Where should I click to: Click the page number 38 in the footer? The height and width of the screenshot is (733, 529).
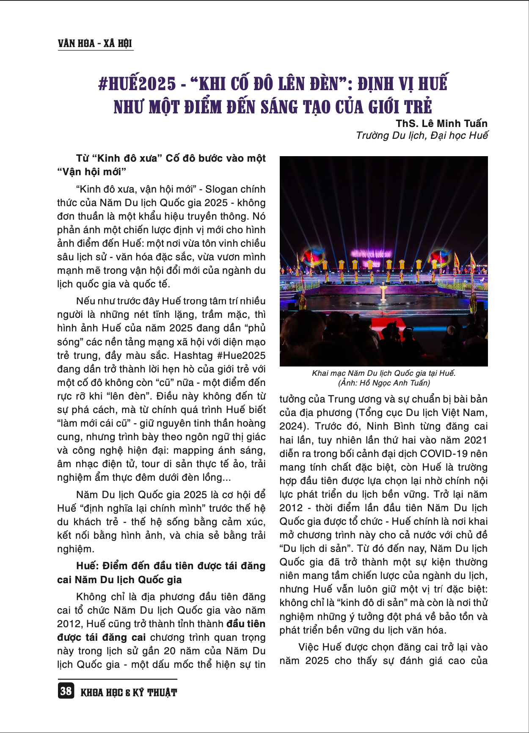tap(66, 691)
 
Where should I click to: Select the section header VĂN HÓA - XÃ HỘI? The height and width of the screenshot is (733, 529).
tap(95, 43)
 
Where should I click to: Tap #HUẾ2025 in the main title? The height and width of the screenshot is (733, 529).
tap(137, 83)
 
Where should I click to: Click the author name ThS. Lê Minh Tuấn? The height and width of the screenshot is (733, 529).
tap(441, 123)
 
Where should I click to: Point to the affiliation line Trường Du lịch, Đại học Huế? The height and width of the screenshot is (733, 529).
tap(422, 135)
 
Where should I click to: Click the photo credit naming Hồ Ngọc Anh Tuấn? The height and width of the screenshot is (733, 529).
tap(384, 383)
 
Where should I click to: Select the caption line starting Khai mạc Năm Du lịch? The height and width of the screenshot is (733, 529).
tap(384, 373)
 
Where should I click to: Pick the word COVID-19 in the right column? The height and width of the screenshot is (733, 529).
tap(444, 454)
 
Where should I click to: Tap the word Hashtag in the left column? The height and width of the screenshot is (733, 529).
tap(193, 355)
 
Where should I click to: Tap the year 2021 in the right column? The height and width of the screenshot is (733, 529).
tap(476, 440)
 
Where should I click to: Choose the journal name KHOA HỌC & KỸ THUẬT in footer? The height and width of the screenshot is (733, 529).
tap(129, 692)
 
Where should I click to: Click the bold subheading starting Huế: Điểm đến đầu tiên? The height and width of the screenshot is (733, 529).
tap(171, 566)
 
